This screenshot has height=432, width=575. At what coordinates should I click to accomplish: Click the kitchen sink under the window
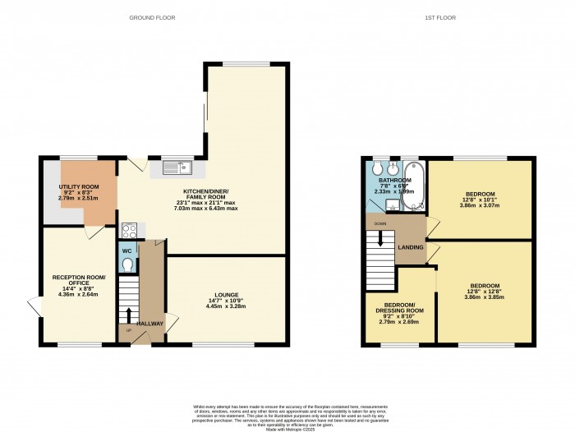pos(177,168)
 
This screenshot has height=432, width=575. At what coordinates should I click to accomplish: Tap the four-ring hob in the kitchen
pos(129,231)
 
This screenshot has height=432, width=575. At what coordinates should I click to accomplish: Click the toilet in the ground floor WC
pos(126,264)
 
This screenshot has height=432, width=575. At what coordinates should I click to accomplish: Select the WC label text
pos(126,250)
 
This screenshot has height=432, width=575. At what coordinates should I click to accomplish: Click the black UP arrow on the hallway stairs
pos(128,315)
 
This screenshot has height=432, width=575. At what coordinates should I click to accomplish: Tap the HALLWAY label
pos(150,324)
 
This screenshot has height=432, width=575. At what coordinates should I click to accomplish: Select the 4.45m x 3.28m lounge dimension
pos(226,306)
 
